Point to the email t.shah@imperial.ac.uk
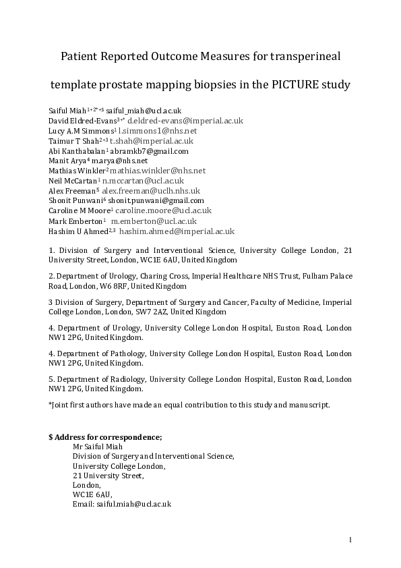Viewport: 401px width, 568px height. (152, 141)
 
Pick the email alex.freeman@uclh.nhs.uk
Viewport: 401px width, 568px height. (153, 191)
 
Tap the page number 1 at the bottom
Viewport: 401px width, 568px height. (351, 539)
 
